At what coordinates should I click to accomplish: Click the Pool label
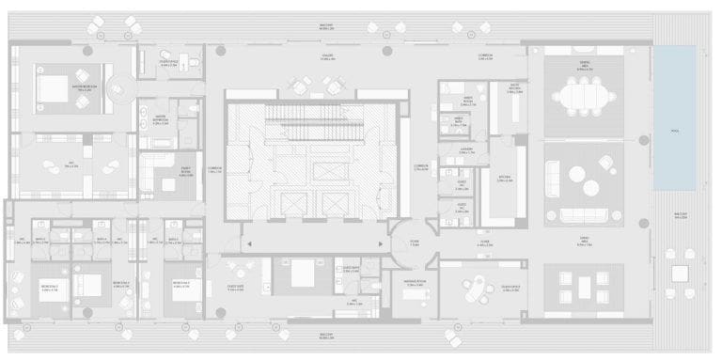click(x=675, y=131)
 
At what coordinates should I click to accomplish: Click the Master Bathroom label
click(x=162, y=119)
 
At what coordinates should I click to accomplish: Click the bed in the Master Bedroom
click(x=52, y=89)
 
